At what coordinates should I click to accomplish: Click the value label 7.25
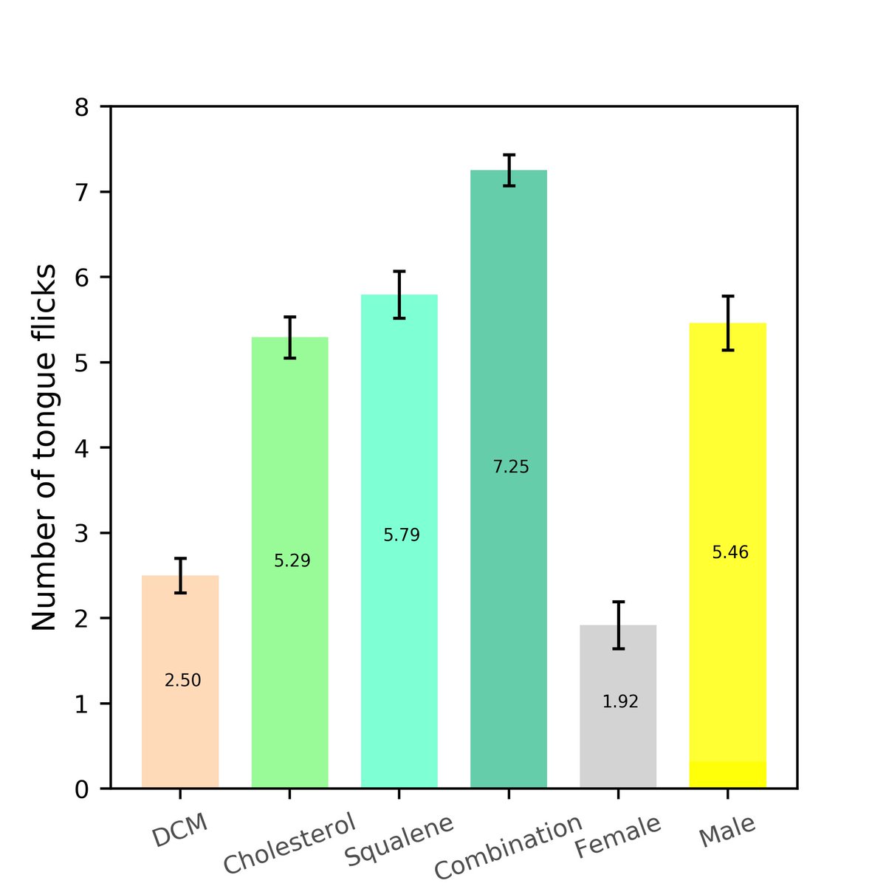tap(511, 467)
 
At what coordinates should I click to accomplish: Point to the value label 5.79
tap(402, 535)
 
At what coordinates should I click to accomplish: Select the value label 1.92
tap(620, 702)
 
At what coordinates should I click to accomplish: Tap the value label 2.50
tap(182, 681)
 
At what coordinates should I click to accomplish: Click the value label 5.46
tap(730, 552)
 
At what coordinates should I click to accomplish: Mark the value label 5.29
tap(292, 561)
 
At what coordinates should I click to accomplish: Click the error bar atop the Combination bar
tap(509, 171)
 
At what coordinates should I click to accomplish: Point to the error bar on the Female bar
tap(618, 625)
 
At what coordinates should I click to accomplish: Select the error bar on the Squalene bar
tap(399, 295)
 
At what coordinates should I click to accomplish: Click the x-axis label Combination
tap(508, 847)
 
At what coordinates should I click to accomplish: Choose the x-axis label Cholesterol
tap(289, 843)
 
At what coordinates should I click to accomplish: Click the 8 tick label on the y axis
tap(82, 108)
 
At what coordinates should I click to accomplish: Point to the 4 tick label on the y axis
tap(82, 448)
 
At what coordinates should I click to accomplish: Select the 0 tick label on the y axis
tap(82, 789)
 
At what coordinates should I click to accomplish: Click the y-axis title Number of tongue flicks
tap(44, 447)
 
